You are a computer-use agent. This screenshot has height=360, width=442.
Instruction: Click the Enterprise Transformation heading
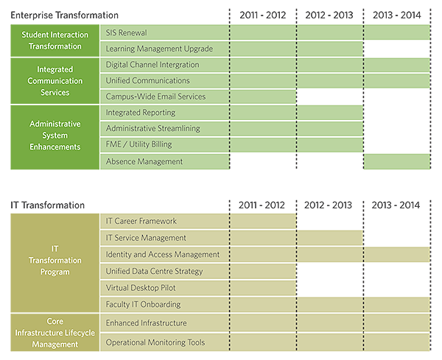point(64,15)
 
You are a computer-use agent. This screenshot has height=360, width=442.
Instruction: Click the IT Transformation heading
point(47,205)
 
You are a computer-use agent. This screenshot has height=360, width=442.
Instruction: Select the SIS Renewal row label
point(127,33)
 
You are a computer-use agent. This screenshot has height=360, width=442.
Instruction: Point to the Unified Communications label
point(147,81)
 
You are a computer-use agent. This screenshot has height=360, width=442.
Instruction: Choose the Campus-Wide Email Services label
point(155,96)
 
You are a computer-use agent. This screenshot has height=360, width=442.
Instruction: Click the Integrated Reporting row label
point(141,113)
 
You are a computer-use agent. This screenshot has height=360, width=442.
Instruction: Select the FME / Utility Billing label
point(140,145)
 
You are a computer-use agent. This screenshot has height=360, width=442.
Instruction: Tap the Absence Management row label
point(144,161)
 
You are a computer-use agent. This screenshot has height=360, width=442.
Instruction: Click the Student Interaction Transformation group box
point(55,40)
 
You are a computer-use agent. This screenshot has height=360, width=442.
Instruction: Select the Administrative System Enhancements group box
point(55,137)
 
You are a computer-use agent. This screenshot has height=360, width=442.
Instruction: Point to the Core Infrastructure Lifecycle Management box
point(55,332)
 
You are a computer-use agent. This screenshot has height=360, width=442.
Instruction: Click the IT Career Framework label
point(141,221)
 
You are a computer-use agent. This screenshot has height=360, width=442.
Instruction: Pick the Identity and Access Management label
point(163,255)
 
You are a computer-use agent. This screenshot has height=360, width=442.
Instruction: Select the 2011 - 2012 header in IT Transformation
point(262,205)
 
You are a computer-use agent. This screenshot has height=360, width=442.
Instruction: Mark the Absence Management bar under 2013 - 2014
point(396,161)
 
